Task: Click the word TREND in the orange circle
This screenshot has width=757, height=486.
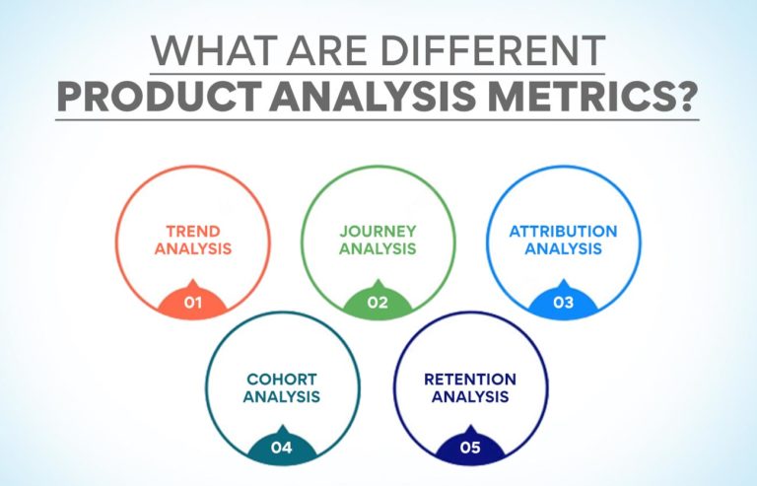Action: coord(193,232)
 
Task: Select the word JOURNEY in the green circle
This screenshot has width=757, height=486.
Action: coord(378,232)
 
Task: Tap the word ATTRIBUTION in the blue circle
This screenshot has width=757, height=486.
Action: coord(563,232)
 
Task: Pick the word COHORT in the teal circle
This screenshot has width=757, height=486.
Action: coord(282,379)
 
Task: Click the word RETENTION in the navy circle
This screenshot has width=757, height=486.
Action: coord(469,379)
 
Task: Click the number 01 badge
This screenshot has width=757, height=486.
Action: coord(193,302)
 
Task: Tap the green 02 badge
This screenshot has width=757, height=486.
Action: coord(378,302)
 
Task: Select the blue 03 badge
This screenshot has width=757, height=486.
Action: coord(563,302)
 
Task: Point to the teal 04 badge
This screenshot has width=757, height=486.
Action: coord(282,448)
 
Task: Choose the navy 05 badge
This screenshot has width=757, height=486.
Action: coord(469,448)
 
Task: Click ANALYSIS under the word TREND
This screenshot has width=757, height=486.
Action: coord(193,249)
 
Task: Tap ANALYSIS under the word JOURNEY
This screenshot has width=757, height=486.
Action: coord(378,249)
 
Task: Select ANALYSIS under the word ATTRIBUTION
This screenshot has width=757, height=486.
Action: coord(563,249)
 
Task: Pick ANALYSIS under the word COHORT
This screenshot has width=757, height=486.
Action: coord(282,397)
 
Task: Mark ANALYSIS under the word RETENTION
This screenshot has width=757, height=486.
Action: coord(469,397)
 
